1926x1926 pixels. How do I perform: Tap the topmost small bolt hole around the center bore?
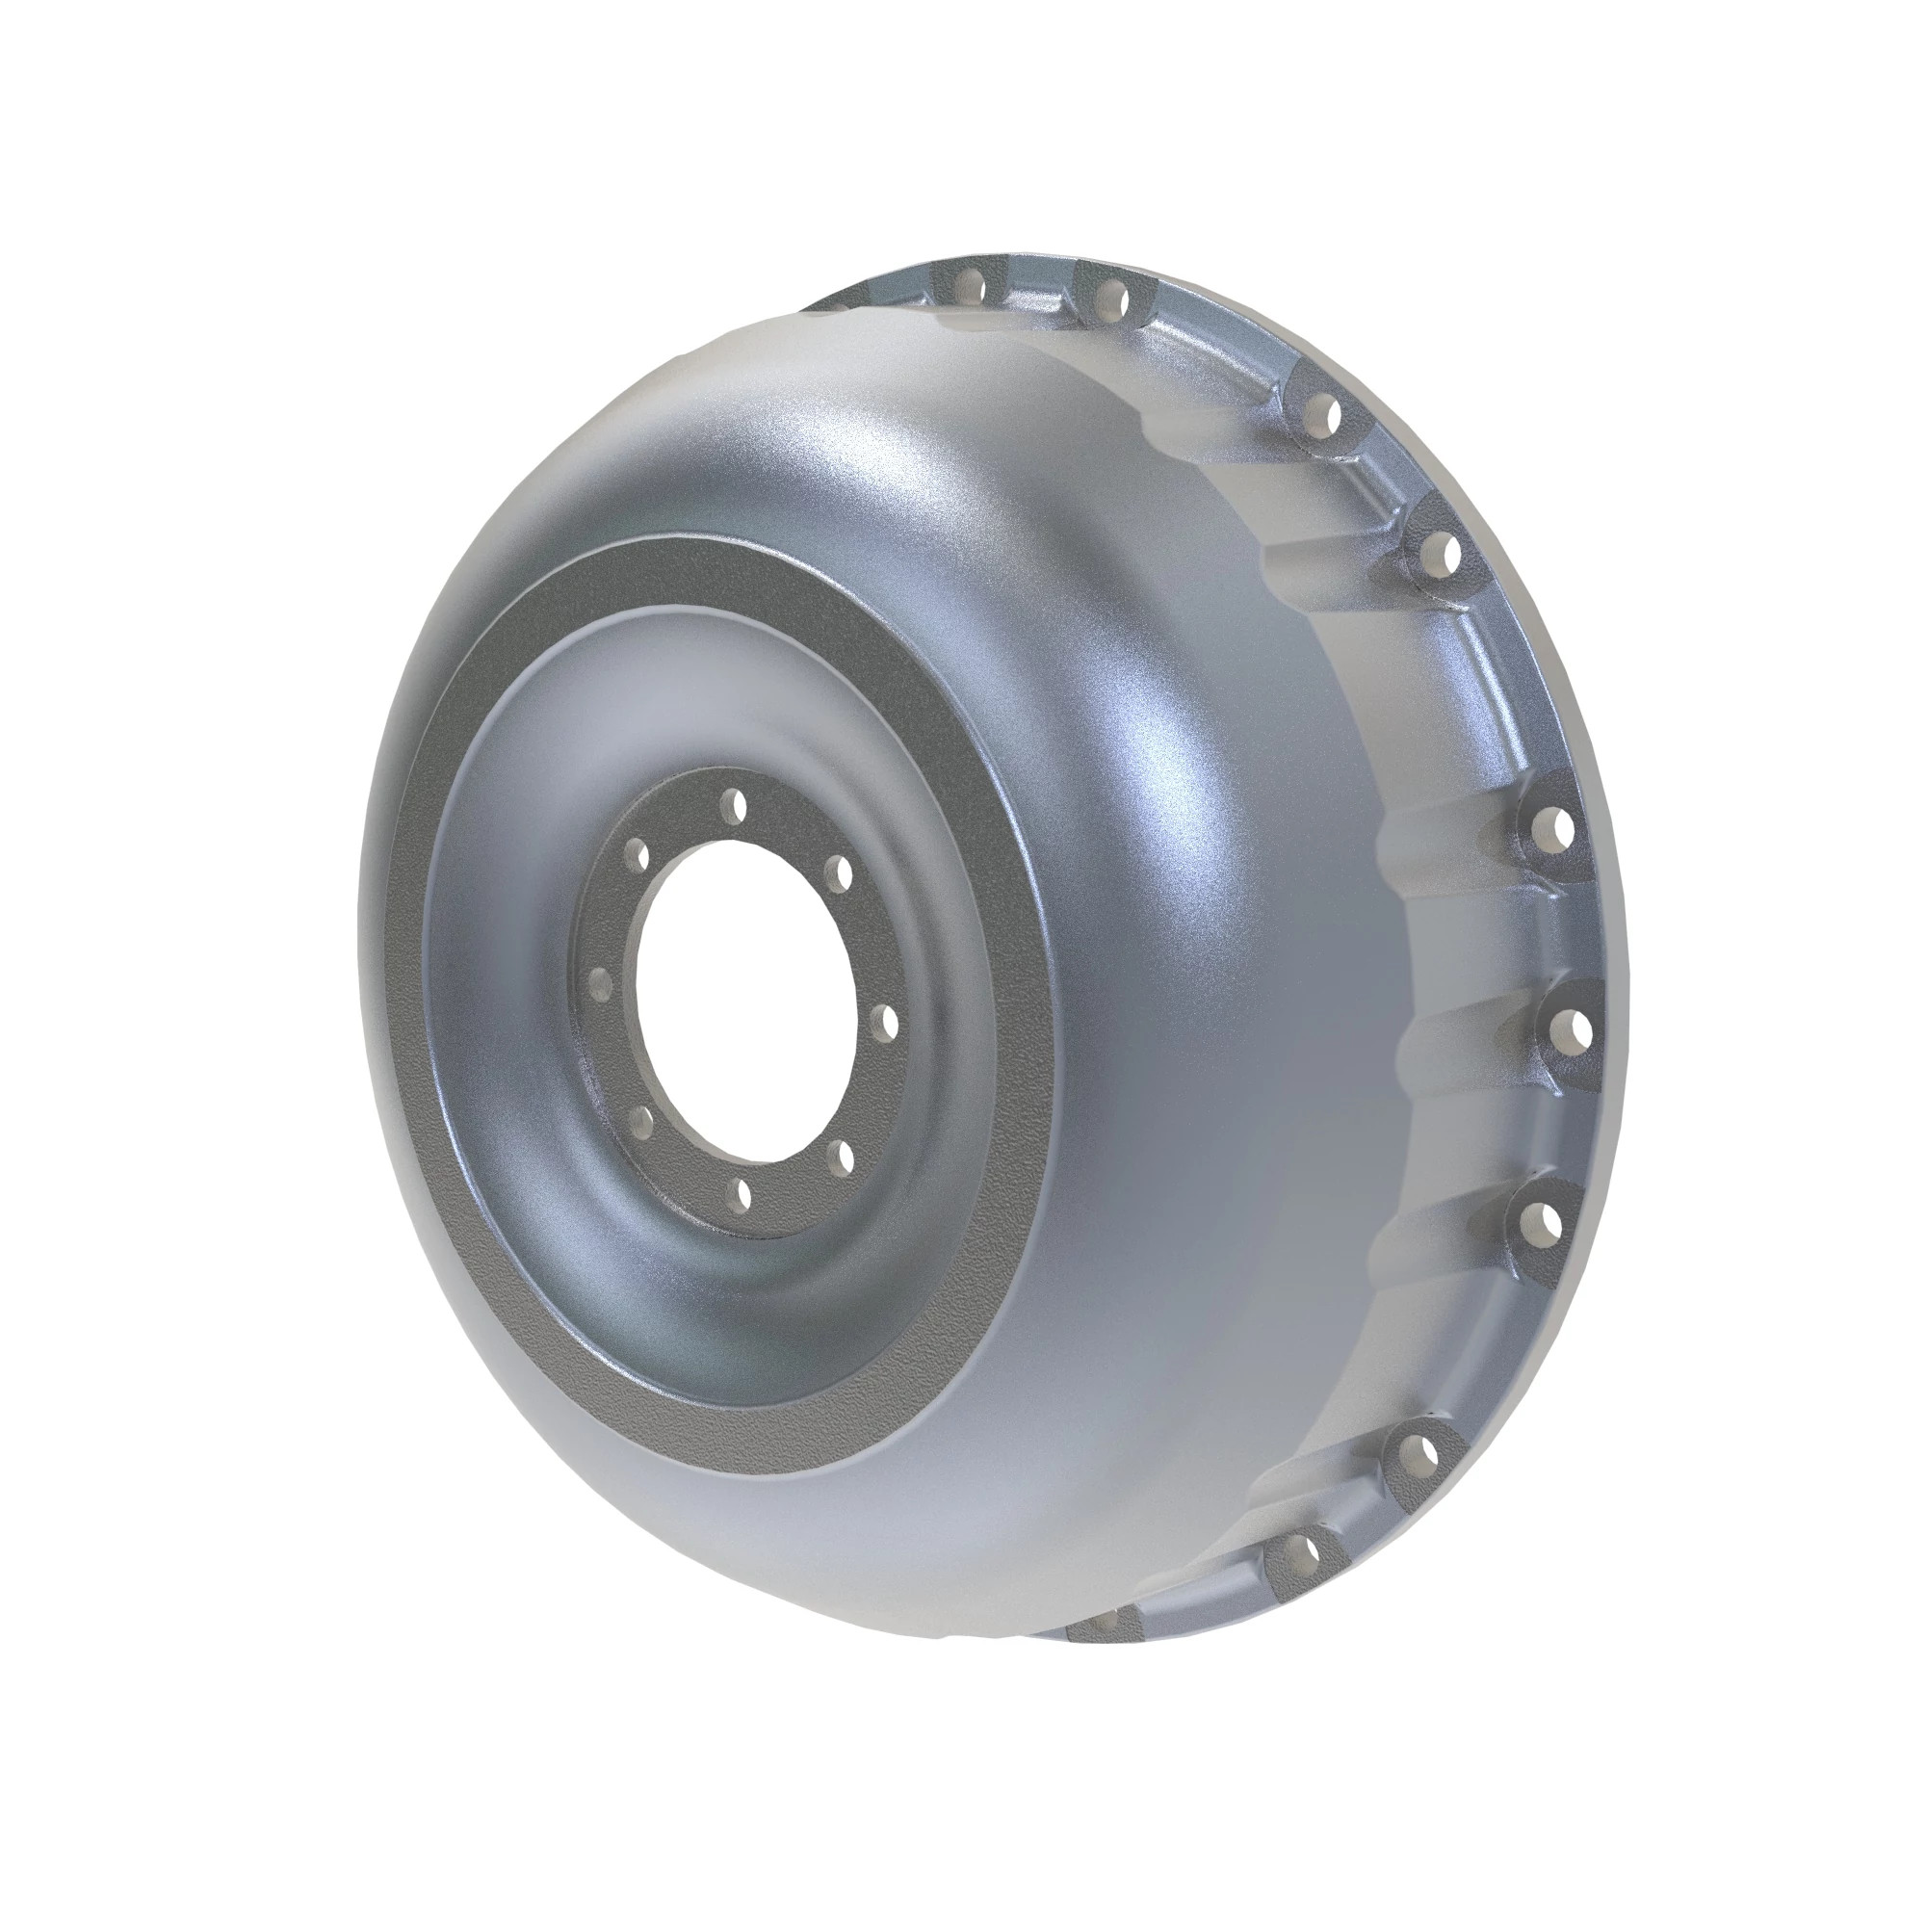point(735,802)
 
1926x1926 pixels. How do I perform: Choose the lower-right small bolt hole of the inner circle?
point(845,1155)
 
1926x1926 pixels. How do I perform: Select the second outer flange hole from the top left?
point(1109,296)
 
